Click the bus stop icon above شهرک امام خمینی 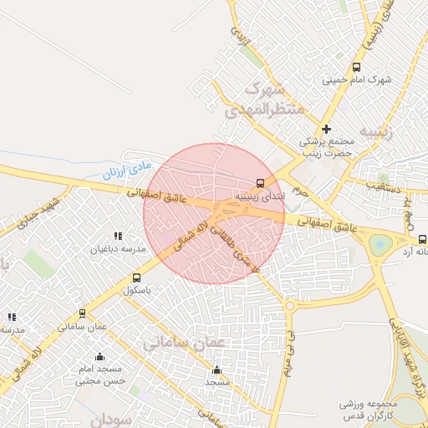357,67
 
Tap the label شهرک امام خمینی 357,80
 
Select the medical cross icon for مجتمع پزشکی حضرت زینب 326,129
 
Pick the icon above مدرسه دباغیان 118,236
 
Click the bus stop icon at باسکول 136,278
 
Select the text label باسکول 138,291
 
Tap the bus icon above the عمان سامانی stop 82,313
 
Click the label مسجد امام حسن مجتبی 99,374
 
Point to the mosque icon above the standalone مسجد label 217,369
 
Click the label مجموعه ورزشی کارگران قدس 372,410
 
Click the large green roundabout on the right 380,245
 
